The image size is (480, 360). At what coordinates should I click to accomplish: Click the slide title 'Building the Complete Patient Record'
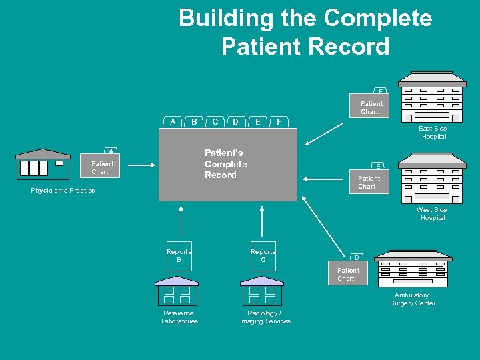[305, 32]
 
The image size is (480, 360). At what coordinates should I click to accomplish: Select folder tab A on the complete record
[173, 122]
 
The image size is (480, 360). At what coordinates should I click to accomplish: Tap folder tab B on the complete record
[194, 122]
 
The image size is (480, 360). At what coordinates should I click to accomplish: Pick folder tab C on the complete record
[215, 122]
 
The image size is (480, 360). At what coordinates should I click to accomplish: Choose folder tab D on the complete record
[235, 122]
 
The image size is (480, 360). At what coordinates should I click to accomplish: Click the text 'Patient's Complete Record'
[225, 164]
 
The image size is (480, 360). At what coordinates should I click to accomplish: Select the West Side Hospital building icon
[431, 178]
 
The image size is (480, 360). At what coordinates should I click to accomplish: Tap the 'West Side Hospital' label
[433, 214]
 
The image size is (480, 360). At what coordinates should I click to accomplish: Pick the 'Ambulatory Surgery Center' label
[412, 299]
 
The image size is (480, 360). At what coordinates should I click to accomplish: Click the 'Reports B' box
[179, 256]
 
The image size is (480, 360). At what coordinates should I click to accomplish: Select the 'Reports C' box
[263, 256]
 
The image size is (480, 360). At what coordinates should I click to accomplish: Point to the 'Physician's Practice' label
[63, 191]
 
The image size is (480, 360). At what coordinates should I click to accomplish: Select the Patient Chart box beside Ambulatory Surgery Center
[348, 274]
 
